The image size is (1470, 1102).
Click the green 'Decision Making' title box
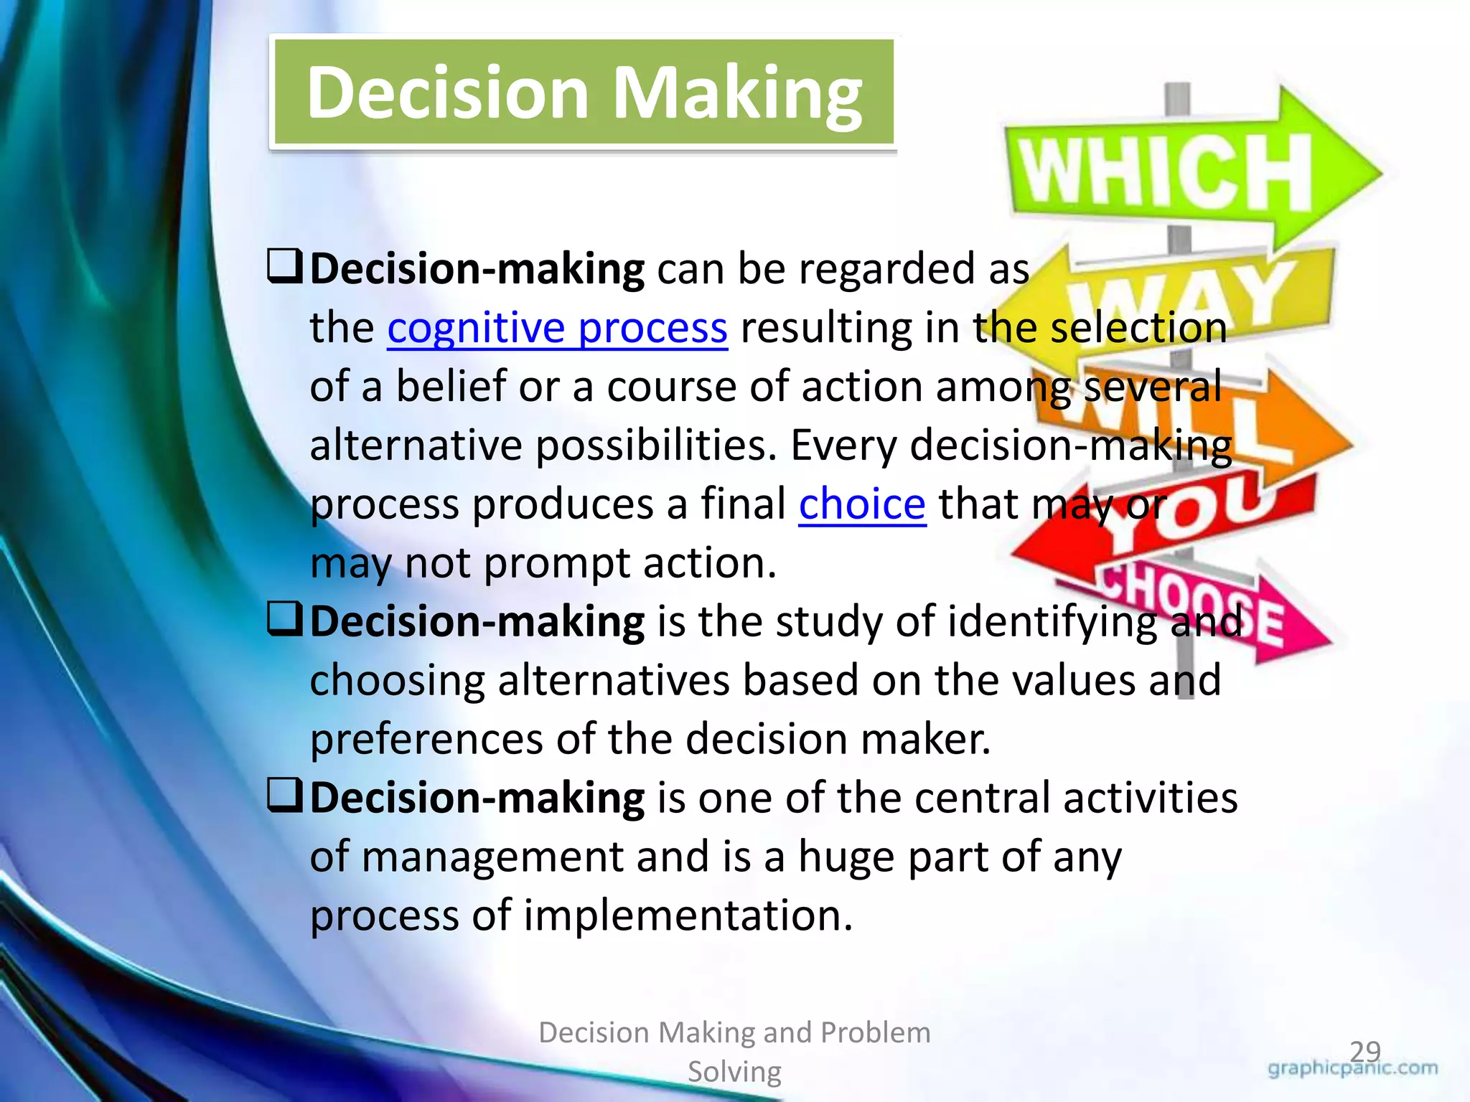[x=583, y=93]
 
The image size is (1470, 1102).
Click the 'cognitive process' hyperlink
[x=557, y=329]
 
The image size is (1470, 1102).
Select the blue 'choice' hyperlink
[x=862, y=504]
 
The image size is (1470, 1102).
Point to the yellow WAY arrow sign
[x=1192, y=291]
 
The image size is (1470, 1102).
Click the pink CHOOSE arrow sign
[x=1213, y=610]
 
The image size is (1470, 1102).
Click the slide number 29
[x=1365, y=1052]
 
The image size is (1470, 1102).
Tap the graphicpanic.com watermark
[x=1353, y=1069]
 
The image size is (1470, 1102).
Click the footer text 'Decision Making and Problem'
[x=734, y=1033]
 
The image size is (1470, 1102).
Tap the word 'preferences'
[x=426, y=740]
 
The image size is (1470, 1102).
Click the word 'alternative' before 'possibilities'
[x=416, y=446]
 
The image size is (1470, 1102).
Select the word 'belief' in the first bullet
[x=451, y=387]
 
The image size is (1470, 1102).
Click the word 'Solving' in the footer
[x=734, y=1072]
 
